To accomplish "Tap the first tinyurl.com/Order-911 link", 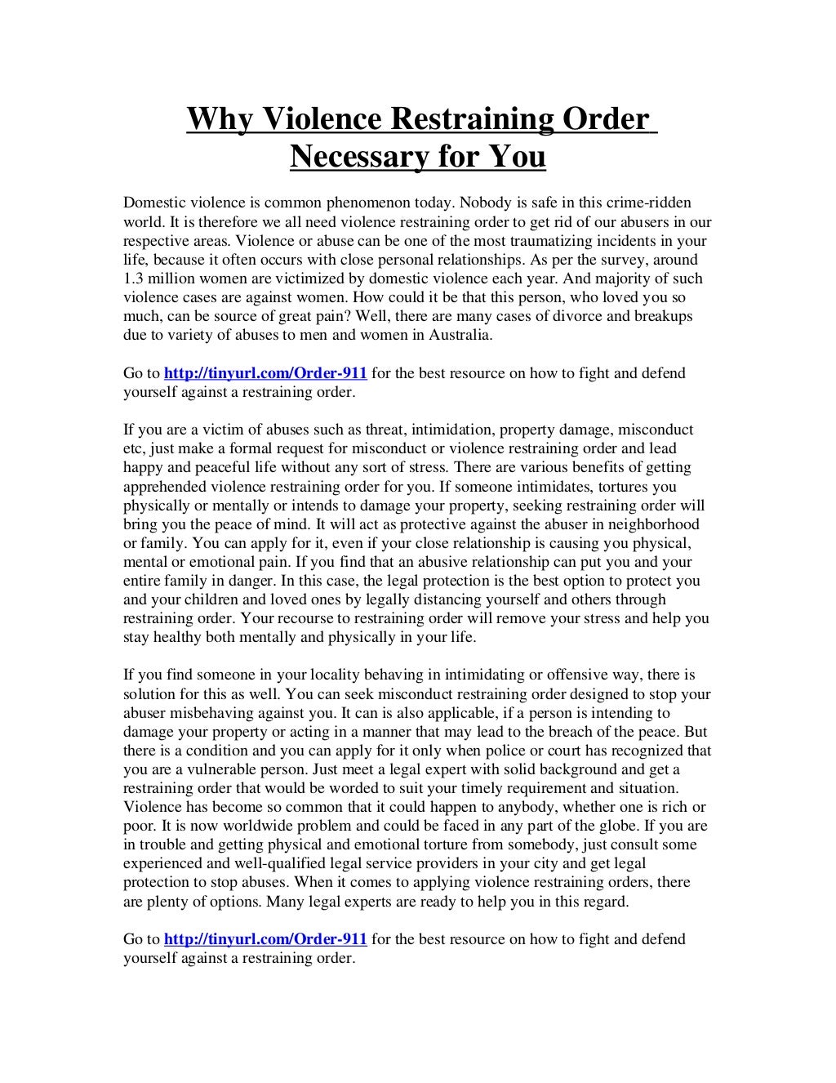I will tap(265, 374).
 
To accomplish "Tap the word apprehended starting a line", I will tap(163, 486).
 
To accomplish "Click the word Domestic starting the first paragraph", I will tap(150, 203).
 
